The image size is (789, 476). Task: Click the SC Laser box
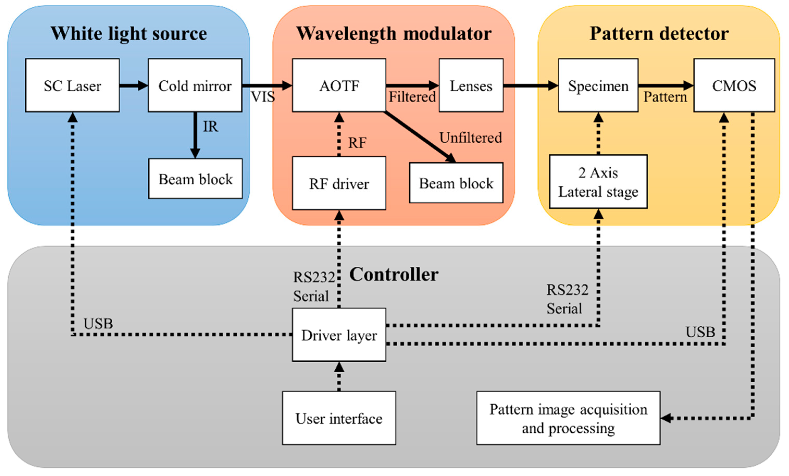click(72, 85)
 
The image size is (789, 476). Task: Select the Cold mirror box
click(195, 85)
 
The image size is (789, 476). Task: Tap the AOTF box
click(339, 85)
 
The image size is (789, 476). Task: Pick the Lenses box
click(471, 85)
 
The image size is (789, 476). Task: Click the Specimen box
click(598, 85)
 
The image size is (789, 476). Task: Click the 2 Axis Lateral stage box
click(598, 182)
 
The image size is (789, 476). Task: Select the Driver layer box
click(339, 335)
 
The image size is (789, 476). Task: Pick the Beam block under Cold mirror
click(195, 179)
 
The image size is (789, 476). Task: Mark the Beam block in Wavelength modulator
click(456, 183)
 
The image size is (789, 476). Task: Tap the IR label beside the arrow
click(210, 127)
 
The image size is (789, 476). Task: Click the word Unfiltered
click(470, 138)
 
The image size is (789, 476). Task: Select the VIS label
click(262, 96)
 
